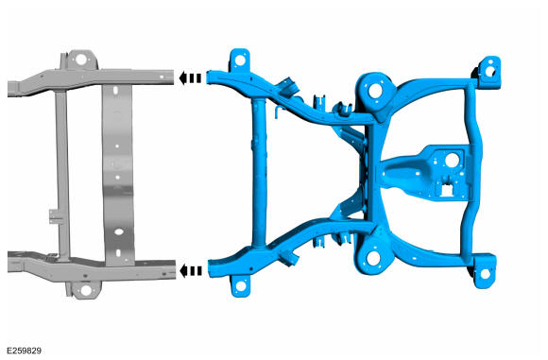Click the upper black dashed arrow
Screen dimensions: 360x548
[x=191, y=79]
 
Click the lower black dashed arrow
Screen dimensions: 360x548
[x=191, y=271]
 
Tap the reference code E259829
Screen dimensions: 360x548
[x=23, y=351]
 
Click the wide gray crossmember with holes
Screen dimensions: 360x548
[x=114, y=170]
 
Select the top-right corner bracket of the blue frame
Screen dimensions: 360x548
[x=489, y=70]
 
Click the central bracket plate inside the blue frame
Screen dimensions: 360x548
[x=425, y=170]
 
